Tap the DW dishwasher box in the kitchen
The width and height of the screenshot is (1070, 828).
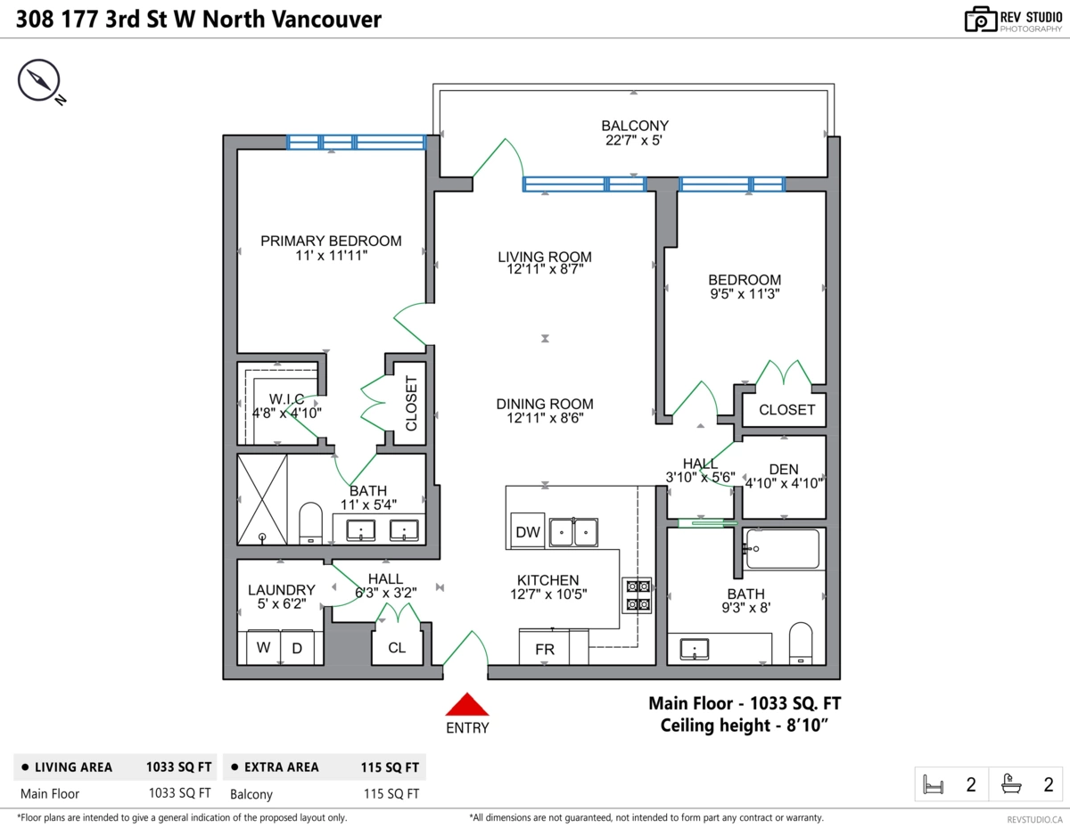528,532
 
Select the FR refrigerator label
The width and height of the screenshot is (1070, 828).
544,650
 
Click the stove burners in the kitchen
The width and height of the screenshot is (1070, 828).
638,595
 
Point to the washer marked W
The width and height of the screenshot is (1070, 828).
263,648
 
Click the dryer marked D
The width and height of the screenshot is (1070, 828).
297,648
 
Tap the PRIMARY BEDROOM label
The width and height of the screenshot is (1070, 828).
331,241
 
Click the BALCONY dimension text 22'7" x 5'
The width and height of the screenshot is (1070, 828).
634,140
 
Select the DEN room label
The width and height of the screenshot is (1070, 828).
784,470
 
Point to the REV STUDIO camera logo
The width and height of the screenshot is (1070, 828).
980,19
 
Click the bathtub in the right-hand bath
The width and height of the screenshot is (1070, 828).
782,550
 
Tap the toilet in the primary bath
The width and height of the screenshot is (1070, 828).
310,521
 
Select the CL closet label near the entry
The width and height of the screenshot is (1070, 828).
397,648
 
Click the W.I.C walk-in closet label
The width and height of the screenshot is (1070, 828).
287,398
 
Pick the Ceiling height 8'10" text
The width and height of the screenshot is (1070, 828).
745,726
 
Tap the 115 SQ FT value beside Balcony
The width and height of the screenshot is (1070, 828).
391,793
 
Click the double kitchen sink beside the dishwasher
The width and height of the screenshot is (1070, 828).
573,532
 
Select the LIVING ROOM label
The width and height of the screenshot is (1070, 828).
544,257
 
